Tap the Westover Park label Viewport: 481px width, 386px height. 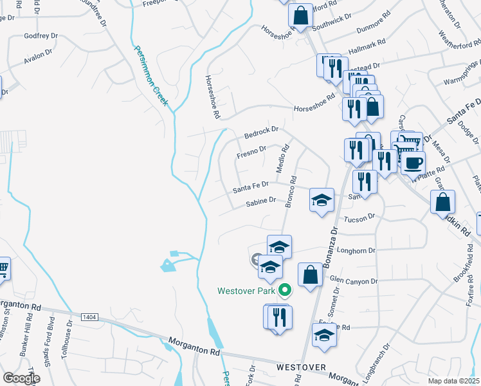246,291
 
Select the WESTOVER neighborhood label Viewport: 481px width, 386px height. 302,367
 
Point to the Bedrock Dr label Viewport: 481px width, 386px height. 261,133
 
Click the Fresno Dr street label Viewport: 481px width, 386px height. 251,152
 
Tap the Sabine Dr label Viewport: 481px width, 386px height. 260,203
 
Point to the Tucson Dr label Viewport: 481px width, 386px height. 359,220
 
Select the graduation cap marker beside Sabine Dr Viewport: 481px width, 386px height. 322,199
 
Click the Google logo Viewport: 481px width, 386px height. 21,378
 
